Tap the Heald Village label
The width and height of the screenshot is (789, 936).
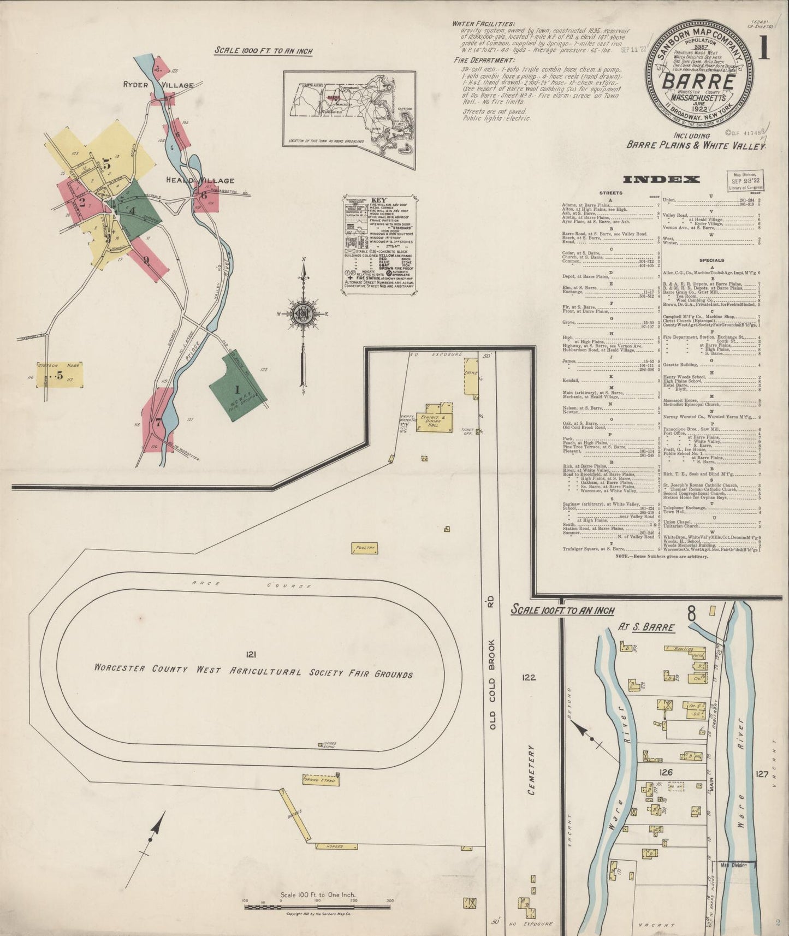pyautogui.click(x=201, y=180)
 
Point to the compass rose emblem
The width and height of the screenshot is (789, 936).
pyautogui.click(x=301, y=313)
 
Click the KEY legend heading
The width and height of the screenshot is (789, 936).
pyautogui.click(x=378, y=200)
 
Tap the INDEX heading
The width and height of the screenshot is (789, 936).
pyautogui.click(x=661, y=179)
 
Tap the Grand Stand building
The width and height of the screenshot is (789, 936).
pyautogui.click(x=321, y=779)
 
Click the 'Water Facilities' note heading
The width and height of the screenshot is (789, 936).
pyautogui.click(x=483, y=24)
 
